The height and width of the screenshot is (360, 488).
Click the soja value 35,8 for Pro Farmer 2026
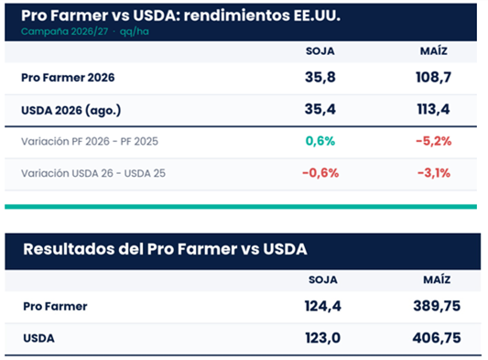click(320, 77)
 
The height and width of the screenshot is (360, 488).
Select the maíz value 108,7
click(434, 77)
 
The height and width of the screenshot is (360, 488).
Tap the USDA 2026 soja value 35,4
click(320, 109)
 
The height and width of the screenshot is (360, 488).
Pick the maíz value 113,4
click(434, 109)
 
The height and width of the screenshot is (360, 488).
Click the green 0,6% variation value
click(320, 141)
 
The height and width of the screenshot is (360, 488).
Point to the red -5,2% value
click(434, 141)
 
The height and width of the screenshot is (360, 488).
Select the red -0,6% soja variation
click(320, 173)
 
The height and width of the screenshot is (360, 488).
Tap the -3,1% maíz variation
click(434, 173)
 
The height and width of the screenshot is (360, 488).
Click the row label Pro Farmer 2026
click(68, 78)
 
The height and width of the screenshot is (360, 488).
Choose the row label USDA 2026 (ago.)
click(71, 110)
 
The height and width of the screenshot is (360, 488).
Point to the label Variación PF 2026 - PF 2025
click(90, 141)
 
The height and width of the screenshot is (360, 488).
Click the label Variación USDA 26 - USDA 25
click(93, 173)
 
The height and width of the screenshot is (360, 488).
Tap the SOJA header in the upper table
click(320, 51)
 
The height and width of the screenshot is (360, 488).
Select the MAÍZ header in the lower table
click(437, 279)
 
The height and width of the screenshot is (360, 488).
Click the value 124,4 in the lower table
click(323, 306)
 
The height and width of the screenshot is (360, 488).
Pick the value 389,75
click(437, 306)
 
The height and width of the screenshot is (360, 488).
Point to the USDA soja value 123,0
click(323, 338)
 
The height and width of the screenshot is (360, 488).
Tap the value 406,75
click(437, 338)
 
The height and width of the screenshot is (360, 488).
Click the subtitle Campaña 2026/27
click(64, 31)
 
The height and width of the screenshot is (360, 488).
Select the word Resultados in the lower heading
click(69, 249)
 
